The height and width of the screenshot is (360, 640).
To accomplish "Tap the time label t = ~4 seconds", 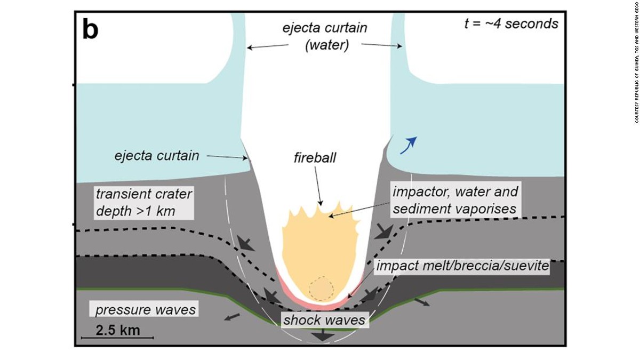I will tap(511, 23).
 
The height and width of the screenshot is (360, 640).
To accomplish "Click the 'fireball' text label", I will tap(315, 158).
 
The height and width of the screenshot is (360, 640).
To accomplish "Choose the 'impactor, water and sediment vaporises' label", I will tap(455, 199).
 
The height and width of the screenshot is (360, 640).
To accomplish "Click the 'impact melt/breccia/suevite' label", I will tap(462, 266).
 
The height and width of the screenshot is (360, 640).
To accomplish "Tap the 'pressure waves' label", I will tap(146, 309).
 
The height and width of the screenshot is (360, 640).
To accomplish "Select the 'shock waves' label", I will tap(324, 320).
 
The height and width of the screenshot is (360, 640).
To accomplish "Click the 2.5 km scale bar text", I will tap(118, 330).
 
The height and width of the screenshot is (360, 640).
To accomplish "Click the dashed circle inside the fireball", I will tap(322, 288).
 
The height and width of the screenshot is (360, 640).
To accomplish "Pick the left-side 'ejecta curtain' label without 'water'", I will tap(156, 156).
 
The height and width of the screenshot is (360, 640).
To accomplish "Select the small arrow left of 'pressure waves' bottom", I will tap(231, 317).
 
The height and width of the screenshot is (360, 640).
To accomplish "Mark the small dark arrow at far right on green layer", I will tap(421, 302).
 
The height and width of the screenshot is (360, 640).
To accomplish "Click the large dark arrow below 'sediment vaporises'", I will tap(383, 231).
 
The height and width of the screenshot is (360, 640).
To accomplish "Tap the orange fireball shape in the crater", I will tap(320, 251).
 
